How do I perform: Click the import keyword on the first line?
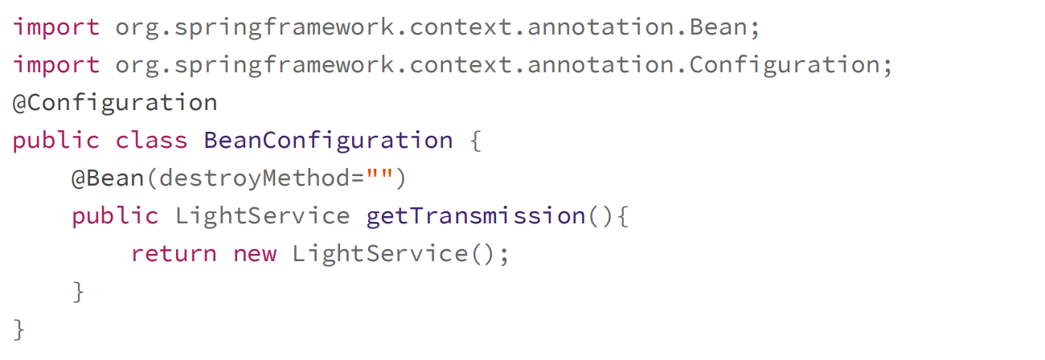pyautogui.click(x=56, y=27)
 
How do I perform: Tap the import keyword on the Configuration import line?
pyautogui.click(x=56, y=65)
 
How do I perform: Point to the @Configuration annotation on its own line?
pyautogui.click(x=115, y=103)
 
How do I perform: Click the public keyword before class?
pyautogui.click(x=56, y=141)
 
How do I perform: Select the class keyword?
pyautogui.click(x=151, y=141)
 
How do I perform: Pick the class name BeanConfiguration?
pyautogui.click(x=328, y=141)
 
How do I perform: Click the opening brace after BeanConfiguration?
pyautogui.click(x=474, y=141)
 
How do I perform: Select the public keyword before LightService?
pyautogui.click(x=115, y=215)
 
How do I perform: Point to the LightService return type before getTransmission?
pyautogui.click(x=262, y=215)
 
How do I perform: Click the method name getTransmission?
pyautogui.click(x=475, y=215)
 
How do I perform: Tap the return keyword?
pyautogui.click(x=174, y=254)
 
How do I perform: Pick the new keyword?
pyautogui.click(x=255, y=254)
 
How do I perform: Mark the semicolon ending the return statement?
pyautogui.click(x=504, y=254)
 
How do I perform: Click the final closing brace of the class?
pyautogui.click(x=19, y=329)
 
